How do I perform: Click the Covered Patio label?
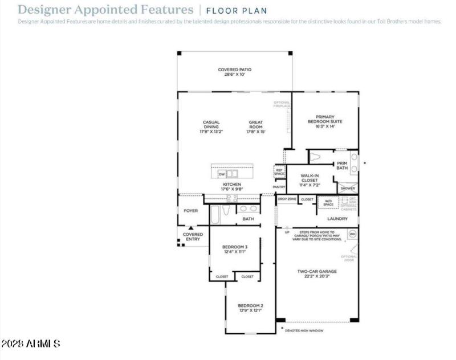point(234,69)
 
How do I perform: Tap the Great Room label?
point(256,122)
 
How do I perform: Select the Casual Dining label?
point(211,122)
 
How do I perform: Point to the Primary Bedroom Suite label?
point(325,119)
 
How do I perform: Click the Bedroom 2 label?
point(250,305)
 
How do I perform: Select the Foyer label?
point(190,211)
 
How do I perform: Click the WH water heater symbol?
point(352,234)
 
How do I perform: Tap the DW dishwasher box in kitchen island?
point(222,174)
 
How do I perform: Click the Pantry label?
point(279,187)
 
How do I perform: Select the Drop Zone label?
point(287,199)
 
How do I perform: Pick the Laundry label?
point(337,219)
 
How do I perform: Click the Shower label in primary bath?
point(348,188)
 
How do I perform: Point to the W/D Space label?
point(328,203)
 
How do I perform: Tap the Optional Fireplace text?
point(282,104)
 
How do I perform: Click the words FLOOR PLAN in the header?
point(236,10)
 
